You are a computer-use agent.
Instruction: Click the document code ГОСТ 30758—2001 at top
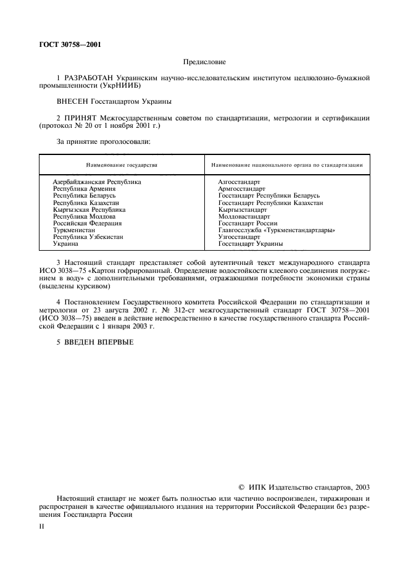67,44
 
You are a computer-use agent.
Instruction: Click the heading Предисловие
204,62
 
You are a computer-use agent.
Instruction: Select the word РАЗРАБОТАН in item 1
85,78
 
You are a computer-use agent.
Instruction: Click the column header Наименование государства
122,165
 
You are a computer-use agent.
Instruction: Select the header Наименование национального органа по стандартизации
286,165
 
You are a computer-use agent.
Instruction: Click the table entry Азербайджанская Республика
97,182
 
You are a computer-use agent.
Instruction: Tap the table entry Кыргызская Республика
89,210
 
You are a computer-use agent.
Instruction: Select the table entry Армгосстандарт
241,189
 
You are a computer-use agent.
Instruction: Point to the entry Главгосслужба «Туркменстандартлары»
277,230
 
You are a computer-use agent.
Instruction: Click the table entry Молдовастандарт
244,217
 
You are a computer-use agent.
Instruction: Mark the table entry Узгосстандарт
239,237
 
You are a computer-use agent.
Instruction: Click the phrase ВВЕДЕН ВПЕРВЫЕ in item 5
98,342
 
